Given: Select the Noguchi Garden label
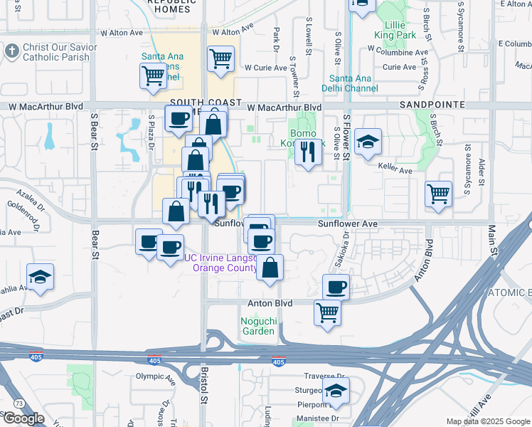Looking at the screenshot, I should (257, 326).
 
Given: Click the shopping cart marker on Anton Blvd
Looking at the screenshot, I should (327, 312).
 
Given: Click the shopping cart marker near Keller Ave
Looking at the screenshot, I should (439, 194).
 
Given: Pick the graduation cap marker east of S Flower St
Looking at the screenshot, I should (368, 142).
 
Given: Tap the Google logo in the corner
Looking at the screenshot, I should (24, 418).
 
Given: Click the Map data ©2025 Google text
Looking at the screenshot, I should (488, 421).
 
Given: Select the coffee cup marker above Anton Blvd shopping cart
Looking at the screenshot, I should (336, 288).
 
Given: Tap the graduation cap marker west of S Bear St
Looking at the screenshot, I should (40, 278).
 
